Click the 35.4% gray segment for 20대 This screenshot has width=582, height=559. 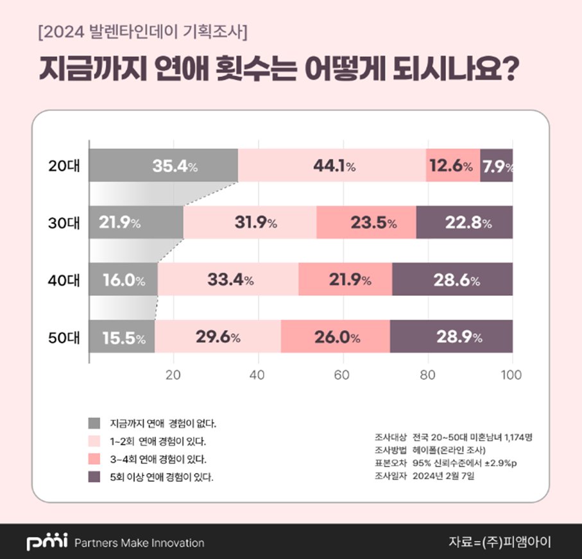pos(163,166)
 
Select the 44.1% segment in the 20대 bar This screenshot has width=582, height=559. pos(332,166)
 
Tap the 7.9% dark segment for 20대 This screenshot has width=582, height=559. pos(497,166)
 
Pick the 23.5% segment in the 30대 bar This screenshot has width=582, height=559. pos(366,222)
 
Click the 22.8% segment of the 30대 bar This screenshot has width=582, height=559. pos(465,222)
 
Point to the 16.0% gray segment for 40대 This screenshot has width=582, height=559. pos(123,279)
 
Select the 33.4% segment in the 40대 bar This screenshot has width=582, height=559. pos(228,279)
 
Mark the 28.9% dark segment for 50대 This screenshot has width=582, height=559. pos(451,336)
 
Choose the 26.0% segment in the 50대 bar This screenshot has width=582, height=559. pos(335,336)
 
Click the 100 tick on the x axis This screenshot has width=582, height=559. pos(511,375)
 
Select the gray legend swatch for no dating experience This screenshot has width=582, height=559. pos(94,423)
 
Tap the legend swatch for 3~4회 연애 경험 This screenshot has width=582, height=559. pos(94,459)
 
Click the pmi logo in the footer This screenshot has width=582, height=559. pos(47,542)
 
